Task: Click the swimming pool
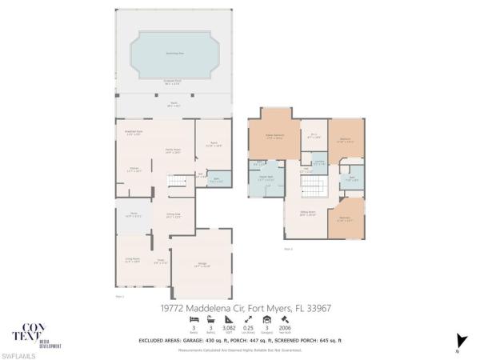[174, 54]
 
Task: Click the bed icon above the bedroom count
[194, 318]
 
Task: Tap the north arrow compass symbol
[457, 341]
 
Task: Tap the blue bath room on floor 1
[215, 180]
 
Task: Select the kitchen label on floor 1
[134, 169]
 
